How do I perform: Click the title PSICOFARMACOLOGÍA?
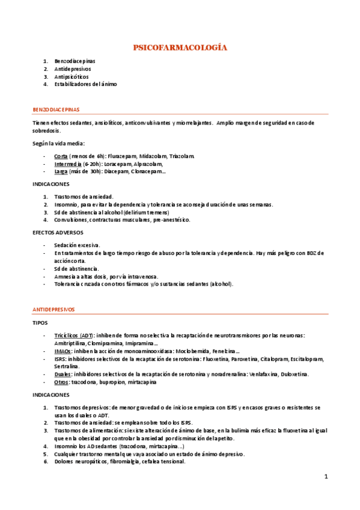click(180, 47)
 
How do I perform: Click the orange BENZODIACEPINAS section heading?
click(56, 110)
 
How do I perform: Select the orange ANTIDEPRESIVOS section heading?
click(53, 309)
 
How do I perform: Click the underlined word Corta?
click(61, 156)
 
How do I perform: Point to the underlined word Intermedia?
click(67, 164)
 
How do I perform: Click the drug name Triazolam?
click(182, 156)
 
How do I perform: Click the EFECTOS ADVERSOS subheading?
click(58, 232)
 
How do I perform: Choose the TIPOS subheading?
click(40, 322)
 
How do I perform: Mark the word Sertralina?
click(66, 366)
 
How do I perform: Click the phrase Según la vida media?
click(59, 143)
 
